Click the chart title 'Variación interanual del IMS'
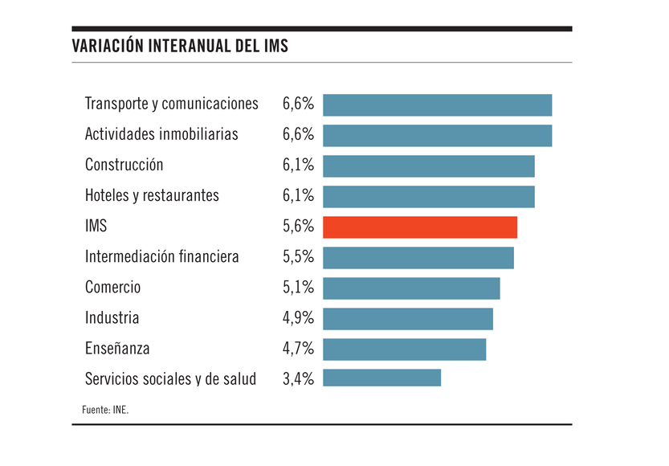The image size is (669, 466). [180, 46]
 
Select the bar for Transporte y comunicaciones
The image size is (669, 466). [437, 105]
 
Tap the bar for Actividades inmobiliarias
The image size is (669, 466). [437, 135]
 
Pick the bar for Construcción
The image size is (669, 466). [428, 166]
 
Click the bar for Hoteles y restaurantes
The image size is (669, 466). [428, 196]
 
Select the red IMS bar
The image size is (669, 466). [420, 227]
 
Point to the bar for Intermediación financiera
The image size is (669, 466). [418, 257]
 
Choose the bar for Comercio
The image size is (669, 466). [411, 288]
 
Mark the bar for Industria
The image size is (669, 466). [408, 318]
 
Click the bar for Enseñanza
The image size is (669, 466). [404, 349]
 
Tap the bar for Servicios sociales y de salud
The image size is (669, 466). [381, 378]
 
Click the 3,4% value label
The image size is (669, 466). [298, 378]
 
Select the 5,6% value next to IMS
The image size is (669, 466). [298, 227]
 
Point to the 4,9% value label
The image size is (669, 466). [298, 318]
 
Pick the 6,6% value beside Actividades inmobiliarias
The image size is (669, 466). [298, 134]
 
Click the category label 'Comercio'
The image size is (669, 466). [112, 288]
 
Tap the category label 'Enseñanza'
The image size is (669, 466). [117, 349]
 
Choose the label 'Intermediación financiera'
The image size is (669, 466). [162, 257]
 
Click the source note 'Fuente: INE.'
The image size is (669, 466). [105, 410]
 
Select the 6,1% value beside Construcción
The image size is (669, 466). [298, 166]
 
